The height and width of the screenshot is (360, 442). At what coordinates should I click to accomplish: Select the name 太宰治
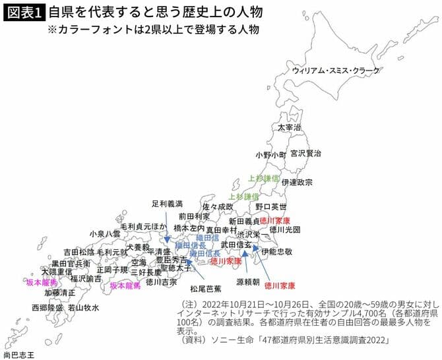coord(288,127)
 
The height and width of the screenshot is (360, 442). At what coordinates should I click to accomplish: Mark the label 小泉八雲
coord(105,233)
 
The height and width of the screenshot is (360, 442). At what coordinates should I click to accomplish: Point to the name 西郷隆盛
coord(47,308)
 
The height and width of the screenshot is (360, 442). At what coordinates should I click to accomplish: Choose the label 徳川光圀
coord(285,229)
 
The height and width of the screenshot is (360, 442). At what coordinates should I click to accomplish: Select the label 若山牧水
coord(83,308)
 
